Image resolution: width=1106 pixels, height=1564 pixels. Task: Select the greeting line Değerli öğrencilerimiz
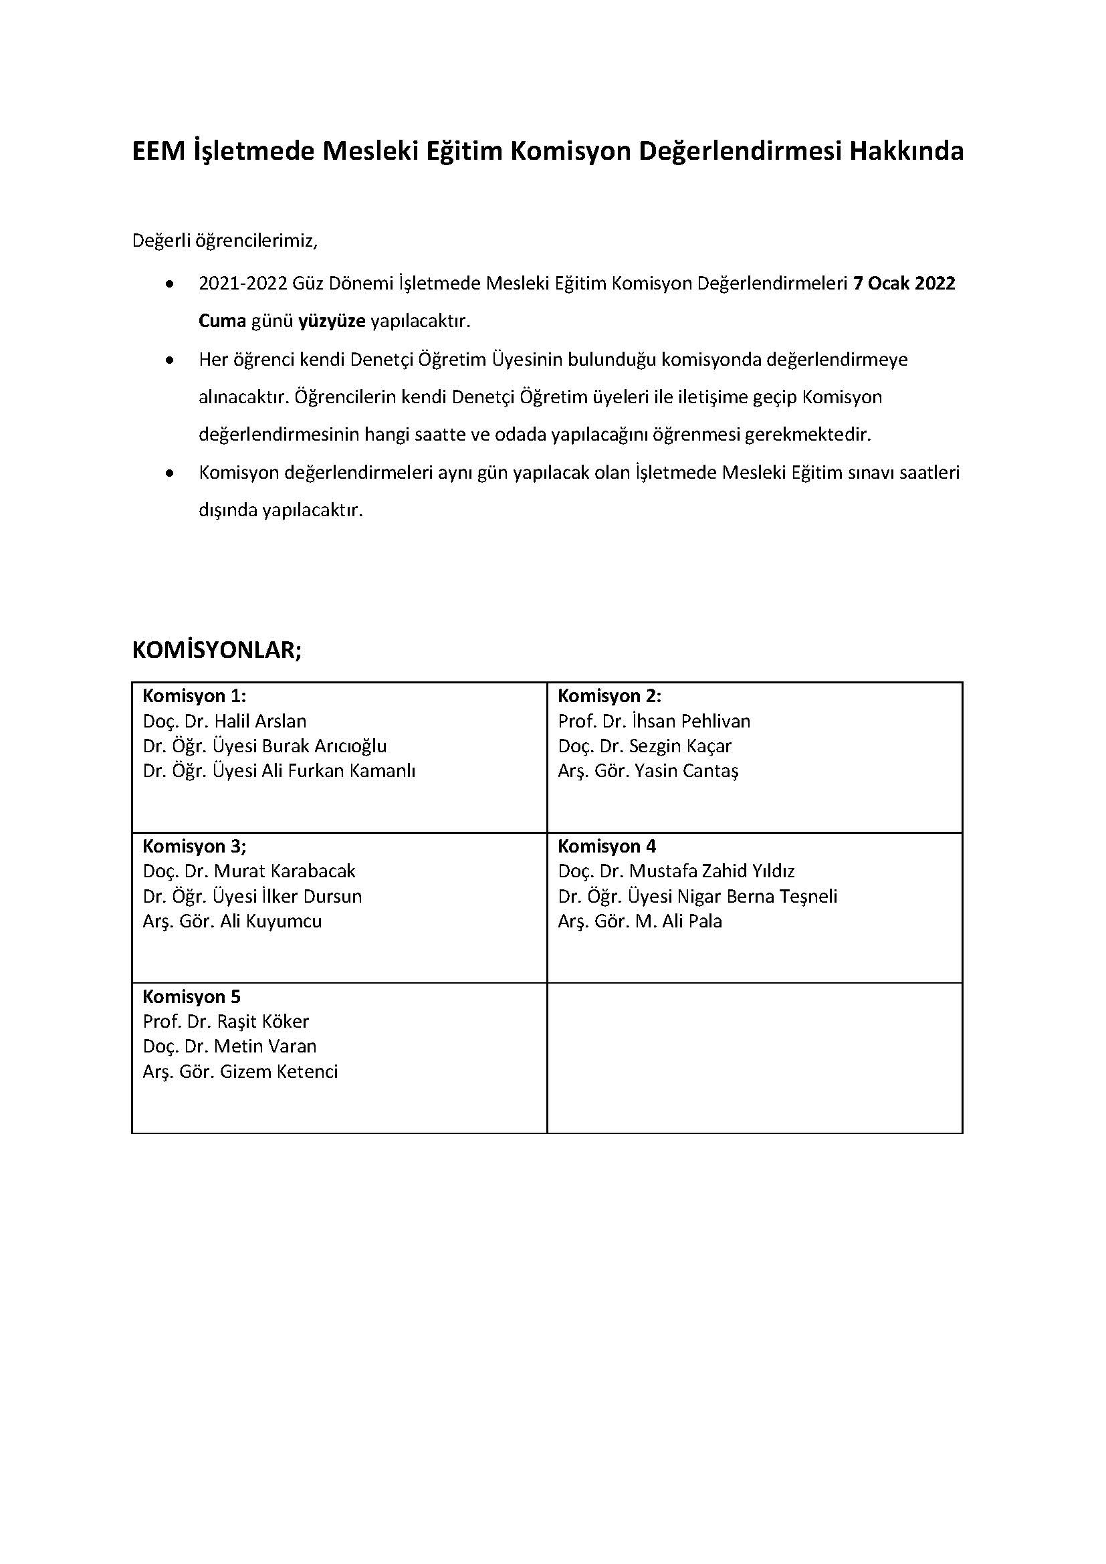(225, 241)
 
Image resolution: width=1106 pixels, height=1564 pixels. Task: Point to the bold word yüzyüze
(332, 322)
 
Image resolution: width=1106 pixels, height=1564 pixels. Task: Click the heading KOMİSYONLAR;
(217, 650)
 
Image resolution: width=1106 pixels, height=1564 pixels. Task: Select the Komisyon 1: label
(194, 696)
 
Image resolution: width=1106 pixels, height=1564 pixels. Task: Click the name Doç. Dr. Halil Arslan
(225, 721)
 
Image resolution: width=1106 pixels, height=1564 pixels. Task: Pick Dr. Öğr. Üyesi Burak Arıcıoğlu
(264, 746)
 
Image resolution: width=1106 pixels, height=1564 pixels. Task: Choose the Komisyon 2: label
(610, 696)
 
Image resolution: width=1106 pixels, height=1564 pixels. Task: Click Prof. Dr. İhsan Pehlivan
(654, 721)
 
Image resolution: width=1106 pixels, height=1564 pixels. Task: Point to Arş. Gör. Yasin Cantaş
(648, 771)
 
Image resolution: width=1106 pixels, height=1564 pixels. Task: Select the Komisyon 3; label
(194, 847)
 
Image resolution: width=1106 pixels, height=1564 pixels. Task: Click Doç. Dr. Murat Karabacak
(249, 871)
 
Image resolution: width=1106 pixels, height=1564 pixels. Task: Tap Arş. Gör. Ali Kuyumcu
(232, 921)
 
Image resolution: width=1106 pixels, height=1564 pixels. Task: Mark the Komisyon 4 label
(606, 847)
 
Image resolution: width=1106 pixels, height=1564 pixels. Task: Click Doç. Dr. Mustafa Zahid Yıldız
(676, 871)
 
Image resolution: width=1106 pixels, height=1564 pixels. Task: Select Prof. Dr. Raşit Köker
(225, 1022)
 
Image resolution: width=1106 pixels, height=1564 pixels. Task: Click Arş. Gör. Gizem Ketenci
(241, 1071)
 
